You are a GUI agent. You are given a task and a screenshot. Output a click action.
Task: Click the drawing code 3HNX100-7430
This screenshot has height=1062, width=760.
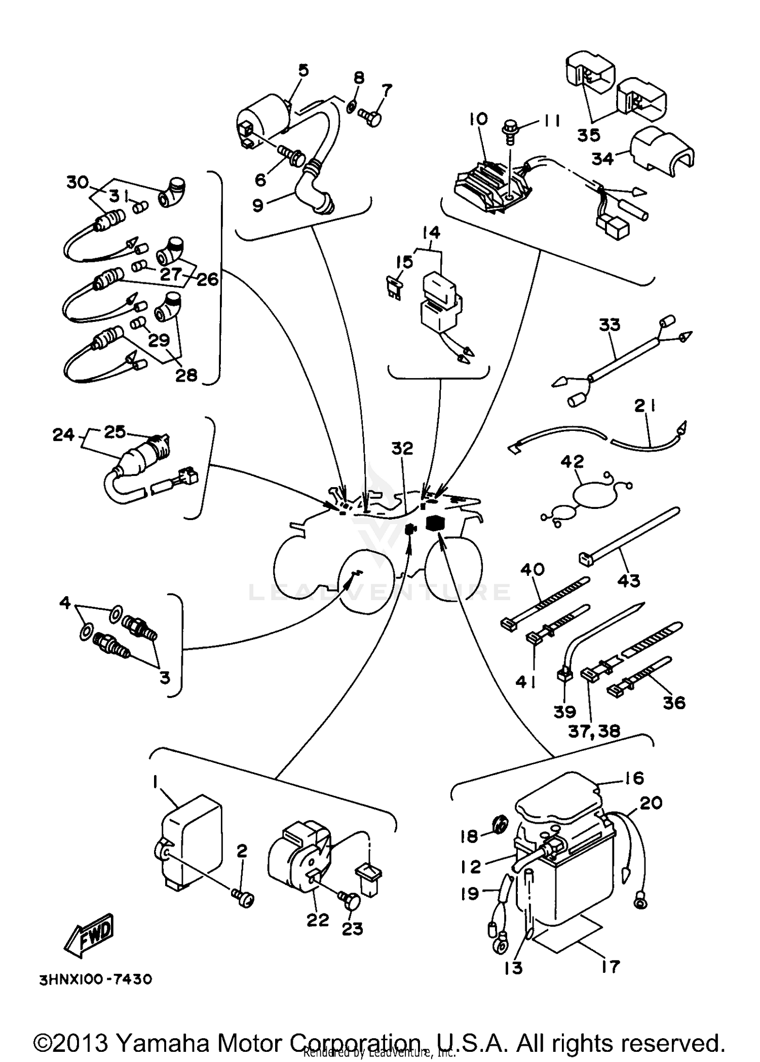pos(95,979)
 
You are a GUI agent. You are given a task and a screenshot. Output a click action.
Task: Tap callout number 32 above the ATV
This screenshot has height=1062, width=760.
pos(402,449)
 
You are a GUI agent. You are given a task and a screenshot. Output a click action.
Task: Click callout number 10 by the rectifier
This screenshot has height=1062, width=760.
pos(478,119)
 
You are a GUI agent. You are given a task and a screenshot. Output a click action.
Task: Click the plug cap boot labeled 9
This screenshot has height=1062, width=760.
pos(317,193)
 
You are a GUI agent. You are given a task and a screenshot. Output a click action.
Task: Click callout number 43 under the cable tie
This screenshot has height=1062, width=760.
pos(629,580)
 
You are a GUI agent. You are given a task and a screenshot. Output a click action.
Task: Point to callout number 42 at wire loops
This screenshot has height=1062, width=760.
pos(573,461)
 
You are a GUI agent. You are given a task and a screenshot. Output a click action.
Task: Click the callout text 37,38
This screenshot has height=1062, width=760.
pos(594,730)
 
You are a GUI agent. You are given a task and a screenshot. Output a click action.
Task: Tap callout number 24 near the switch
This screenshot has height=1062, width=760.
pos(63,434)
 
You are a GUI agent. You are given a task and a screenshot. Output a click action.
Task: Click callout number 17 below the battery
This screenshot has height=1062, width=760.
pos(610,967)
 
